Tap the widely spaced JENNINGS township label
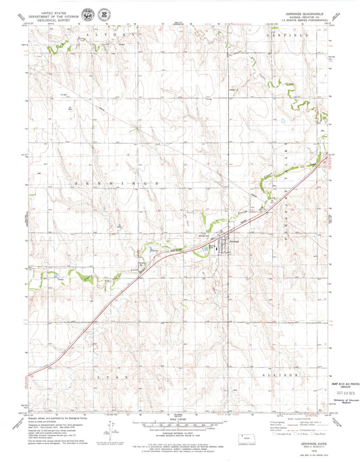pyautogui.click(x=115, y=183)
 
